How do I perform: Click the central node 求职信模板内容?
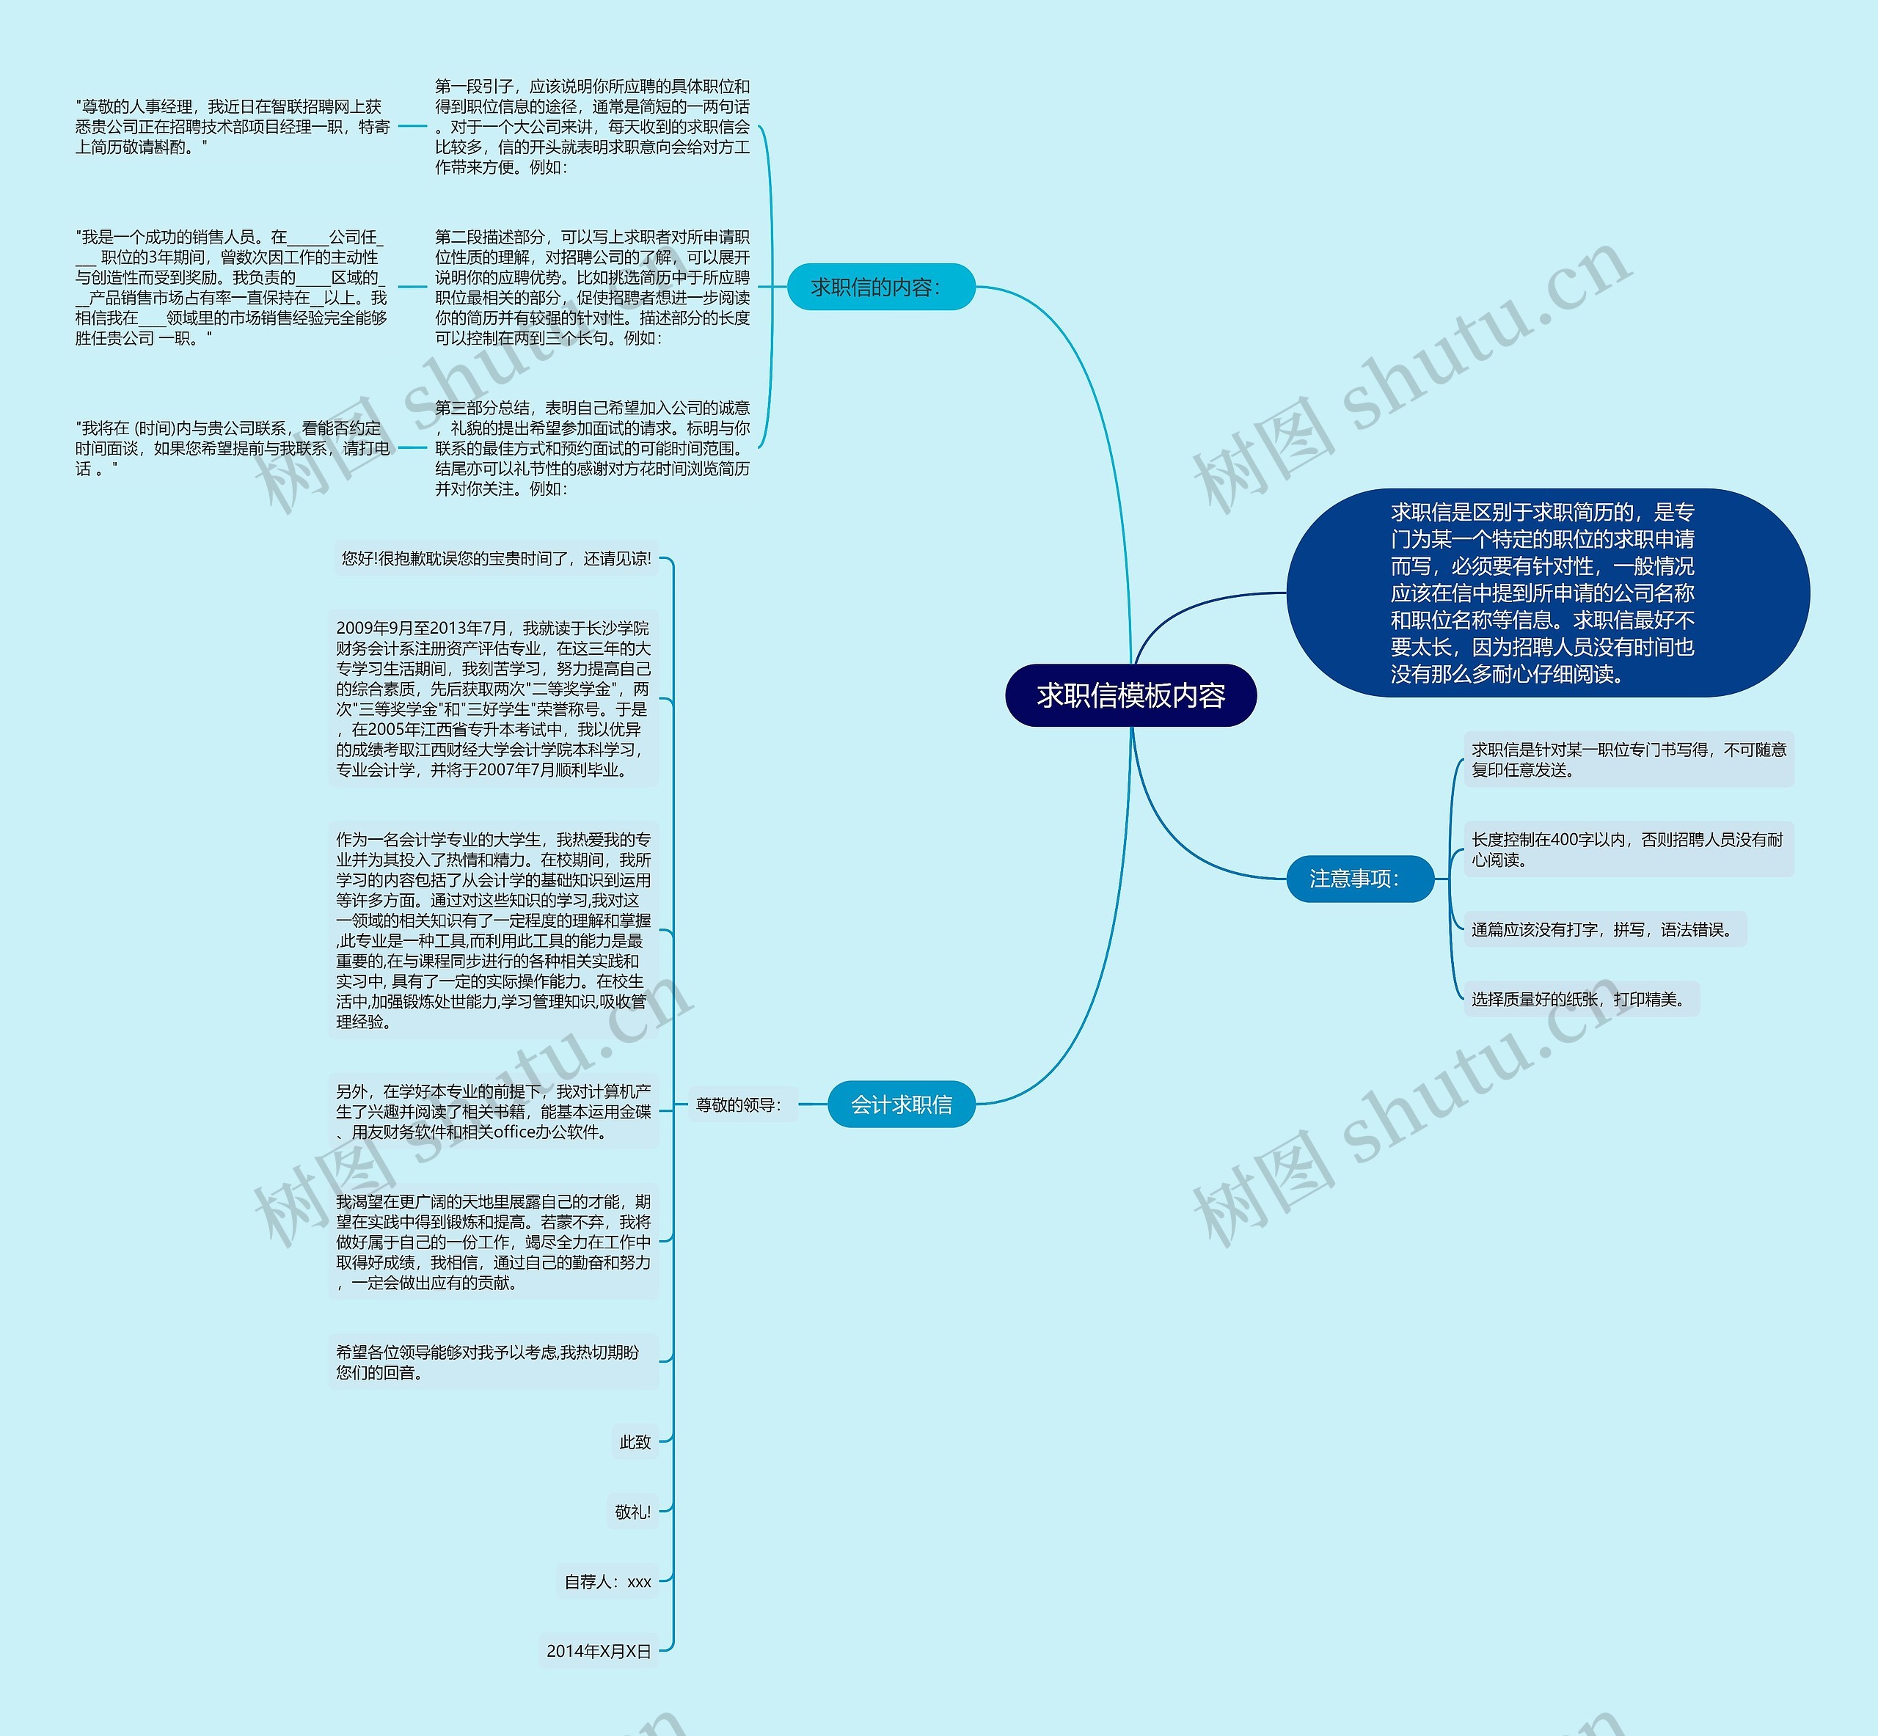point(1130,695)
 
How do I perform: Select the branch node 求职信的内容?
point(880,287)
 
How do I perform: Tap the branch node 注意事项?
point(1359,879)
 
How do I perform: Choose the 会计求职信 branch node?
point(901,1105)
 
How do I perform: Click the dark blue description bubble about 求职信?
point(1546,593)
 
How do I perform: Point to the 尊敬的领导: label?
point(739,1105)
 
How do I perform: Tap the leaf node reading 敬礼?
point(632,1512)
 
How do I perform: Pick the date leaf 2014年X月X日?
point(599,1650)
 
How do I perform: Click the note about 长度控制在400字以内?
point(1627,849)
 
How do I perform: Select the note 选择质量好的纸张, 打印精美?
point(1581,1000)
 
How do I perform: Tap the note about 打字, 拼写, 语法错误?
point(1604,929)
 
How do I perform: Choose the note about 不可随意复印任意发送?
point(1627,759)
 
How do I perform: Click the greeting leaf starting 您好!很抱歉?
point(496,558)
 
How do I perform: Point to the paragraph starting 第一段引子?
point(592,127)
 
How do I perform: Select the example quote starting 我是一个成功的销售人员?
point(231,287)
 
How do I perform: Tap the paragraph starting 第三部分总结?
point(592,448)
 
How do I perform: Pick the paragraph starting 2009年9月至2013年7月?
point(493,699)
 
